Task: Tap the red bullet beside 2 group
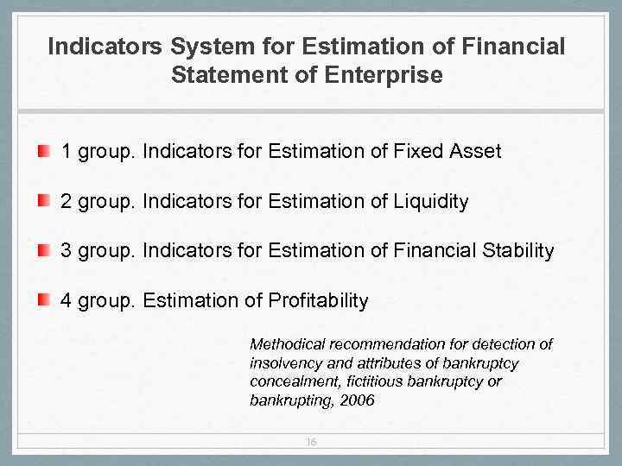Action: point(43,202)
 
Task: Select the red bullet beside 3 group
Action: point(43,251)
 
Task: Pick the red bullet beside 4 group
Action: point(43,300)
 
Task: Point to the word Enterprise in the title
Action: point(384,75)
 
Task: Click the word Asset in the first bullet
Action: point(474,152)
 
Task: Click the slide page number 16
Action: point(311,442)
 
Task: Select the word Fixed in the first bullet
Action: point(418,152)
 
